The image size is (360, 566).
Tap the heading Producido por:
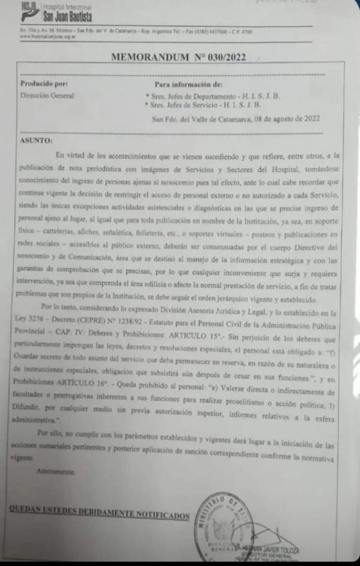44,84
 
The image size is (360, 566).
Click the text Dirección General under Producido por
47,96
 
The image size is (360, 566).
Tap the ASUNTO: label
35,141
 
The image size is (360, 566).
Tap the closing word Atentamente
56,471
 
